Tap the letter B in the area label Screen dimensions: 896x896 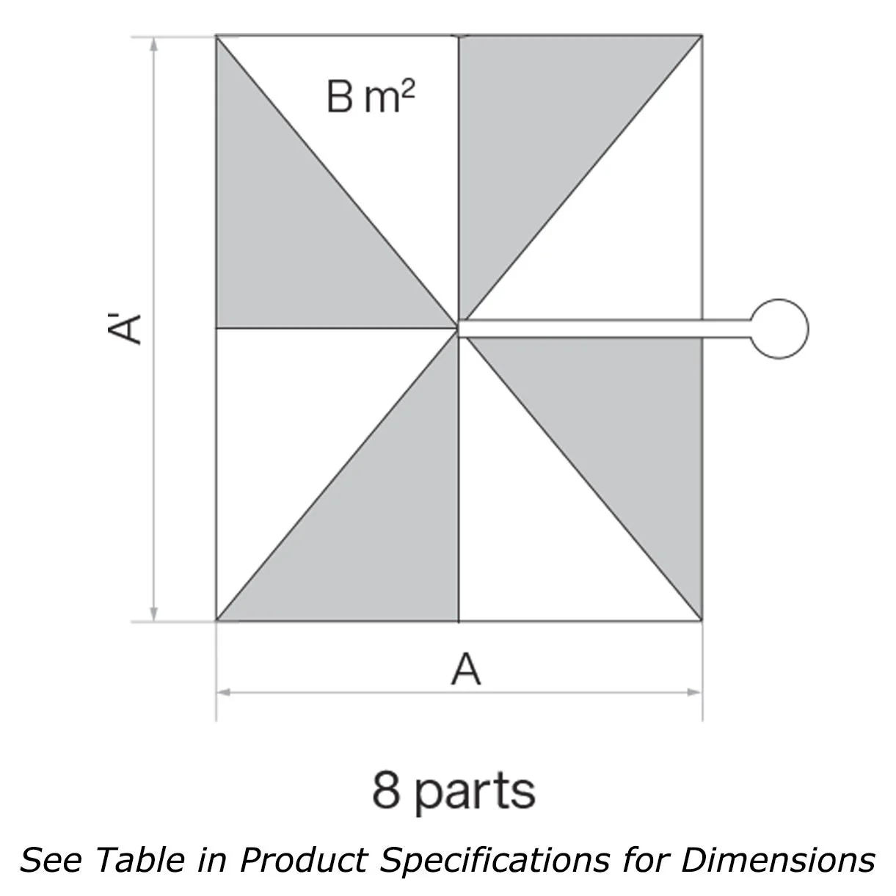point(340,96)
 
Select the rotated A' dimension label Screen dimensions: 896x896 point(124,329)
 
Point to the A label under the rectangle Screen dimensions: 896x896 point(465,669)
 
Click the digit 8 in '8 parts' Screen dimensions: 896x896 point(386,790)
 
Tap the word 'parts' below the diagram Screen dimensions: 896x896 point(475,793)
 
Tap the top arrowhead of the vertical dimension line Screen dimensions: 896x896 point(154,44)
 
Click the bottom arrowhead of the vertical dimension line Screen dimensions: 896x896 point(154,614)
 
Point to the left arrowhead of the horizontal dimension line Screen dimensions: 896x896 point(224,692)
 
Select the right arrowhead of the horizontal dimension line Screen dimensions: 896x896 point(695,692)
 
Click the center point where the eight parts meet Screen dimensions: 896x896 point(459,328)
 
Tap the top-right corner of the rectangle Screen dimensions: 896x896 point(702,36)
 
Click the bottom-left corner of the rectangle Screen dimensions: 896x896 point(216,621)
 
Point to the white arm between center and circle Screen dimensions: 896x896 point(605,329)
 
